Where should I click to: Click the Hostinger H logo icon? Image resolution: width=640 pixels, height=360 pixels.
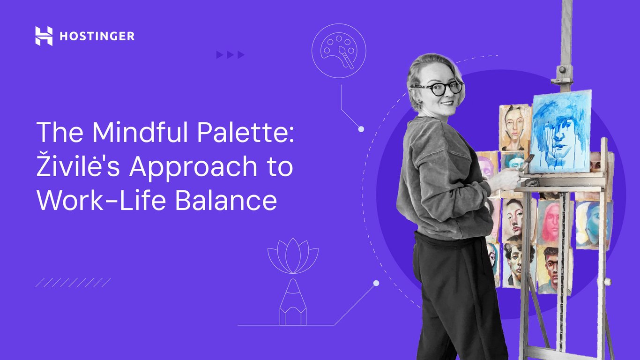(44, 36)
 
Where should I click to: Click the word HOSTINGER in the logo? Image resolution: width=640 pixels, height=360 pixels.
(97, 36)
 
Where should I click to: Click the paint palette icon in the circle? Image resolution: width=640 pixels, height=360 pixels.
(338, 51)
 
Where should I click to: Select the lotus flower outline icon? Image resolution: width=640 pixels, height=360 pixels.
(293, 255)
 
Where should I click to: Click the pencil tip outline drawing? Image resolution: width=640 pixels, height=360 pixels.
(293, 302)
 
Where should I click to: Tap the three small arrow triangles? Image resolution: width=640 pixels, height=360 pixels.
(231, 55)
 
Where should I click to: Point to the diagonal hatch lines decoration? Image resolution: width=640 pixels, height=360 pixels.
(73, 282)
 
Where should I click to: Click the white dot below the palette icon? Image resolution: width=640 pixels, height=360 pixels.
(361, 129)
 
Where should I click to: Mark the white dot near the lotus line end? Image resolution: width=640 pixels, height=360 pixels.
(376, 283)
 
